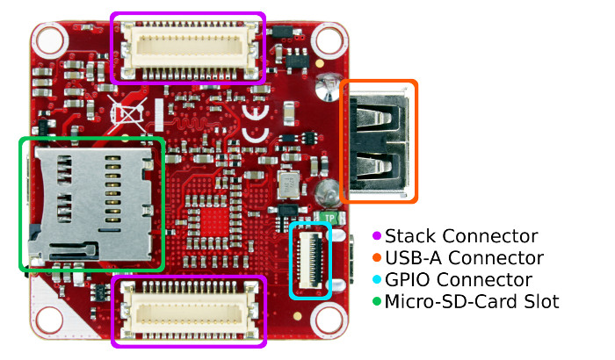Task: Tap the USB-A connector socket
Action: (379, 141)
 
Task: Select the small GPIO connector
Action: (311, 260)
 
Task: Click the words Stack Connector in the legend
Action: (461, 236)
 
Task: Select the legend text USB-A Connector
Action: (464, 258)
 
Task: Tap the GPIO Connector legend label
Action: (459, 280)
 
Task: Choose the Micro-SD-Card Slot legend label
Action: (472, 302)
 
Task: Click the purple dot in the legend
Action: (377, 236)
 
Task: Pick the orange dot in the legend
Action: (377, 258)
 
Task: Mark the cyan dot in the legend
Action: (377, 280)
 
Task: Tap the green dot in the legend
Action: (377, 302)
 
